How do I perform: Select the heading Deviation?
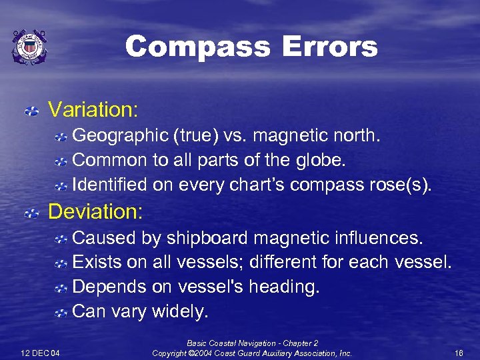(x=96, y=212)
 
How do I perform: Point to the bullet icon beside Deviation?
(x=31, y=213)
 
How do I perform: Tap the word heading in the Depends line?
(x=287, y=287)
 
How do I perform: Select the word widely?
(x=180, y=311)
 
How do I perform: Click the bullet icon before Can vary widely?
(x=61, y=311)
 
